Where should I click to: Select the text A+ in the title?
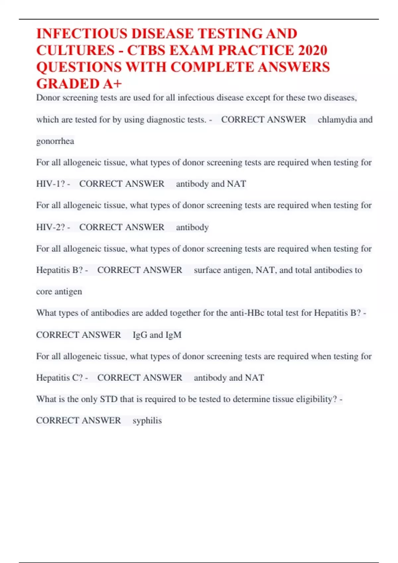[x=112, y=84]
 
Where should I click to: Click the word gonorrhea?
[x=55, y=141]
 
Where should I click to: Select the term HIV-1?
[x=50, y=184]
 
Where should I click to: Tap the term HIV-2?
[x=50, y=227]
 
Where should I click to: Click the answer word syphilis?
[x=147, y=421]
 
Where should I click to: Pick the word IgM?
[x=173, y=335]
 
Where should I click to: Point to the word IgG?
[x=140, y=335]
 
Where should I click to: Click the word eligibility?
[x=316, y=399]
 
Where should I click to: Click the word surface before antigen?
[x=207, y=270]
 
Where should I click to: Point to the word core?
[x=44, y=292]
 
